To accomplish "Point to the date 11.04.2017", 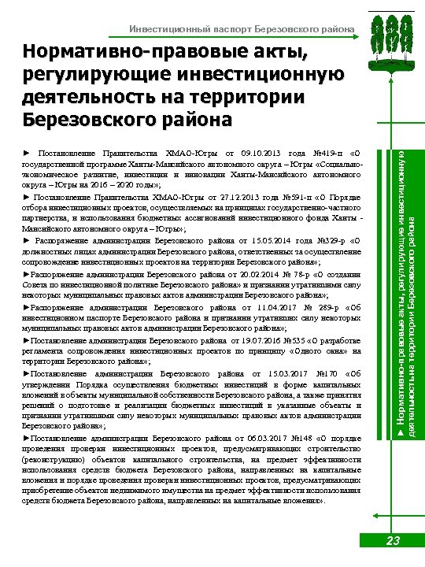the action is [x=270, y=309].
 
